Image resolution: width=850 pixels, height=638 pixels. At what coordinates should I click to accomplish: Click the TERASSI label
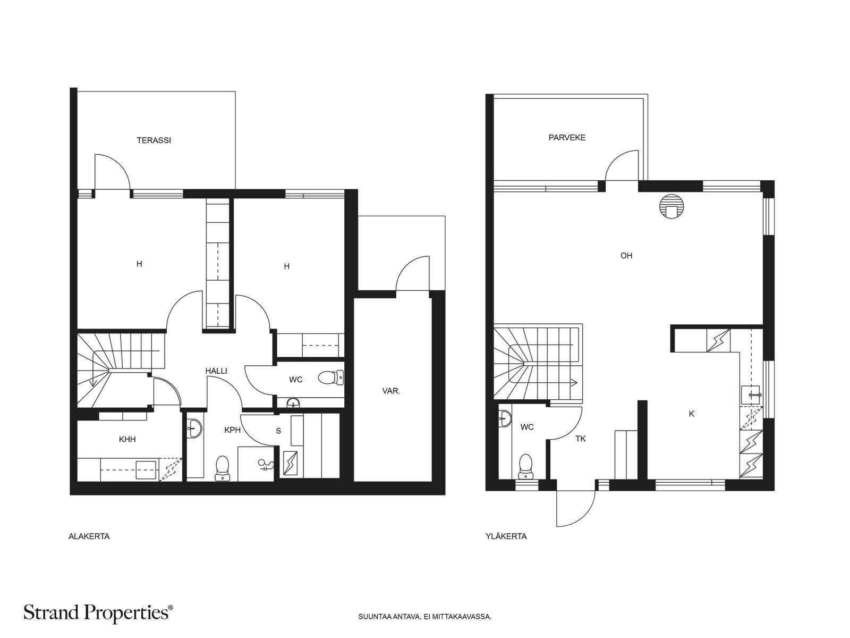154,141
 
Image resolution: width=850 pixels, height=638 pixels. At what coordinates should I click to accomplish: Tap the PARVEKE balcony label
567,138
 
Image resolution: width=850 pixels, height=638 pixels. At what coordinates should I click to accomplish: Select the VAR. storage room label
391,391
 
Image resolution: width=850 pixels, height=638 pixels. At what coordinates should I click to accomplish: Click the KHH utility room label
127,440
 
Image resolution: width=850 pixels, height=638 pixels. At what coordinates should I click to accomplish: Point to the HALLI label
216,371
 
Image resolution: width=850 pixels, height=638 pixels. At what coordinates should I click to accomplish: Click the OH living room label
626,256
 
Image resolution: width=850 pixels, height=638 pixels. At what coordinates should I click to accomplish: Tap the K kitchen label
691,414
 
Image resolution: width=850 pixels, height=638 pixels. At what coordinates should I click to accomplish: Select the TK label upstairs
581,439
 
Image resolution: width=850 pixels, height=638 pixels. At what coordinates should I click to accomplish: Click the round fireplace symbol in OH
670,206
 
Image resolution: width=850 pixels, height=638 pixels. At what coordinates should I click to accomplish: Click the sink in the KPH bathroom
195,427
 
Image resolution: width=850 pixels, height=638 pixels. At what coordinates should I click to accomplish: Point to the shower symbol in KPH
266,466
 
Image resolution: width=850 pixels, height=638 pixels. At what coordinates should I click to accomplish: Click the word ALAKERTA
89,536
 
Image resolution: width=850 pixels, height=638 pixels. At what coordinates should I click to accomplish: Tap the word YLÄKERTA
506,536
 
